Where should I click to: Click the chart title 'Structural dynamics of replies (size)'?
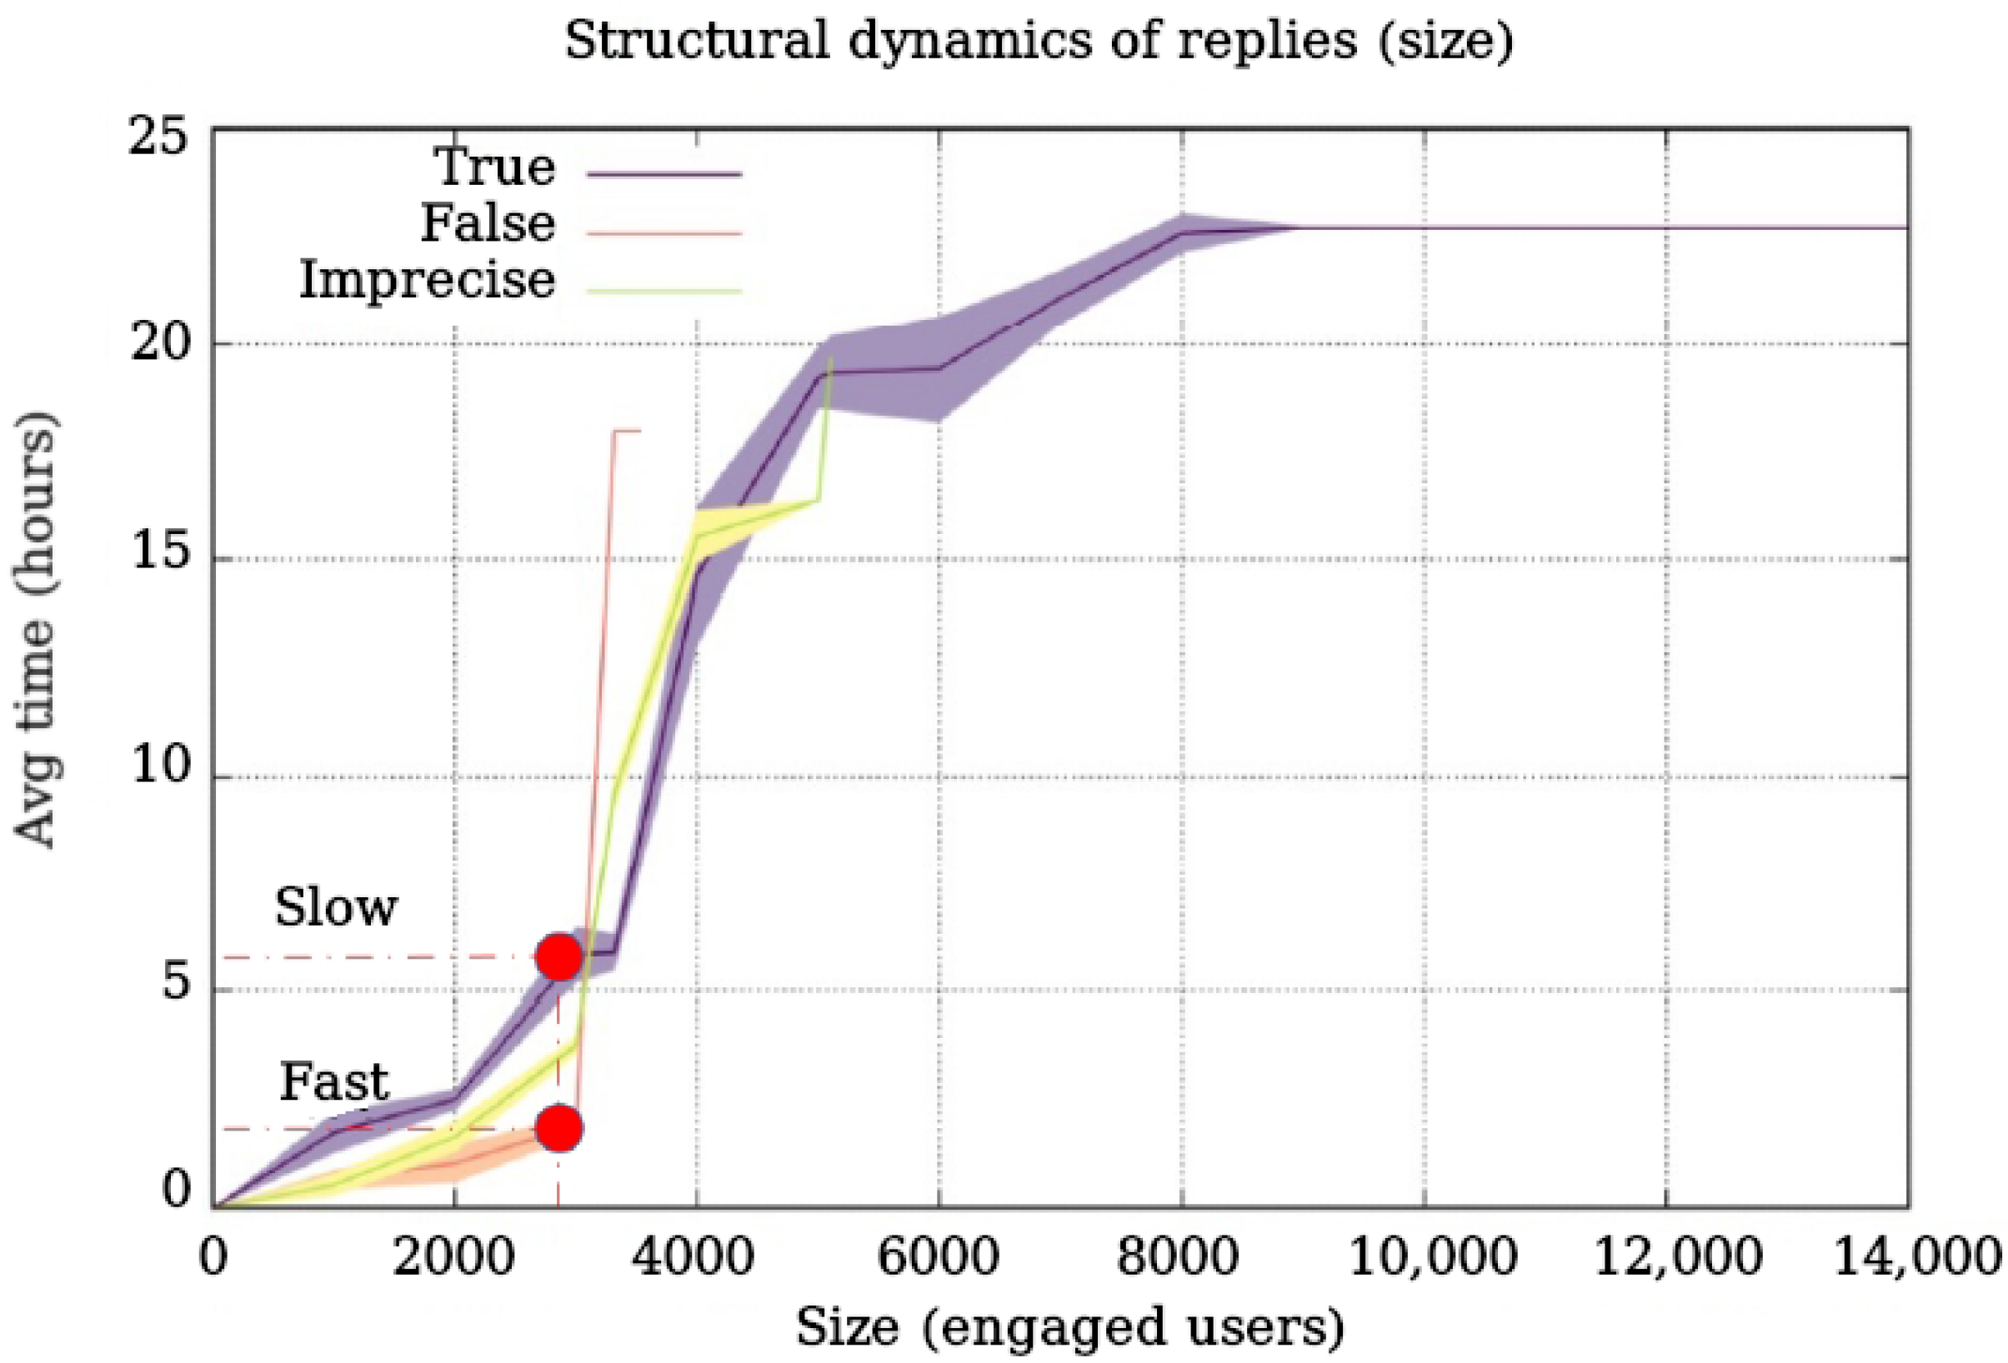[x=1039, y=41]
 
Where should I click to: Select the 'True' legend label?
[x=495, y=167]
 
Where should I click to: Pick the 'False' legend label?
[x=488, y=224]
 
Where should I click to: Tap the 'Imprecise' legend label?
[x=427, y=280]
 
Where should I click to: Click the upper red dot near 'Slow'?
[x=559, y=956]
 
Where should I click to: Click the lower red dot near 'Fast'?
[x=559, y=1128]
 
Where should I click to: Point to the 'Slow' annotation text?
[x=336, y=908]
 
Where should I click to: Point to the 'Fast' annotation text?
[x=334, y=1081]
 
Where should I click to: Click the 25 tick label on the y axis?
[x=159, y=137]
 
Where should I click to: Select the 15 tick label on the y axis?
[x=159, y=553]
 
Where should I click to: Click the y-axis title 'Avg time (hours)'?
[x=37, y=630]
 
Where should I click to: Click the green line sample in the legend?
[x=664, y=289]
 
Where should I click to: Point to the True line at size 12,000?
[x=1666, y=228]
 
